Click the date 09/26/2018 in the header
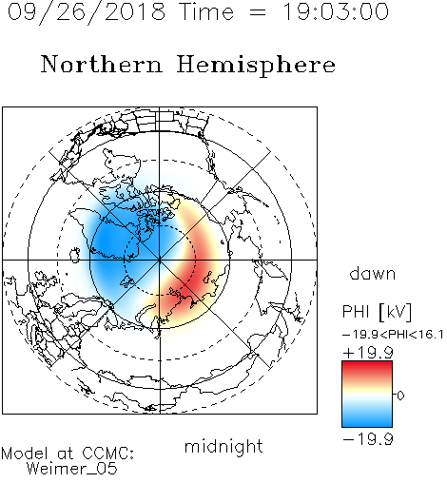(x=87, y=12)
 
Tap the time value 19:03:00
(x=336, y=11)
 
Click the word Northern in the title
(x=102, y=64)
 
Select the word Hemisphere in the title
(x=256, y=66)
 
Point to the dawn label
(x=373, y=273)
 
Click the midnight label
(x=223, y=447)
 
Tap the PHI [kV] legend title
(x=377, y=312)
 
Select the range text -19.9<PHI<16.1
(x=393, y=335)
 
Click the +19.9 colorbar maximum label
(x=368, y=353)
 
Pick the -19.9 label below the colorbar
(x=368, y=439)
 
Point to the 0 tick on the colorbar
(x=400, y=396)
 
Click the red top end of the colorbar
(x=367, y=365)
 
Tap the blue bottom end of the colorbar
(x=367, y=423)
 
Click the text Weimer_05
(x=72, y=469)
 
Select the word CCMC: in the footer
(x=108, y=454)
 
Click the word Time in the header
(x=206, y=12)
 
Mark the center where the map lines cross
(x=160, y=260)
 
